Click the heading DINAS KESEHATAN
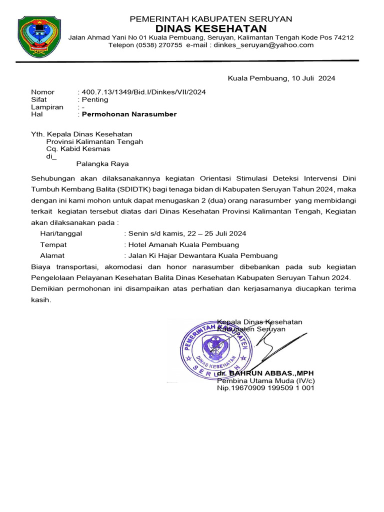pos(210,28)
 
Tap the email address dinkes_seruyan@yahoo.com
pos(263,45)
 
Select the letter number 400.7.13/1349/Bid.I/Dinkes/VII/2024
pos(144,92)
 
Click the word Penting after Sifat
pos(97,99)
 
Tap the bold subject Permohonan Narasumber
pos(129,114)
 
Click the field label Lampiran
pos(47,107)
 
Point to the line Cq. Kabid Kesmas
pos(78,148)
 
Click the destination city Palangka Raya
pos(102,163)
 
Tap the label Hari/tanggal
pos(61,233)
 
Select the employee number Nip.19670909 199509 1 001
pos(265,387)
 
